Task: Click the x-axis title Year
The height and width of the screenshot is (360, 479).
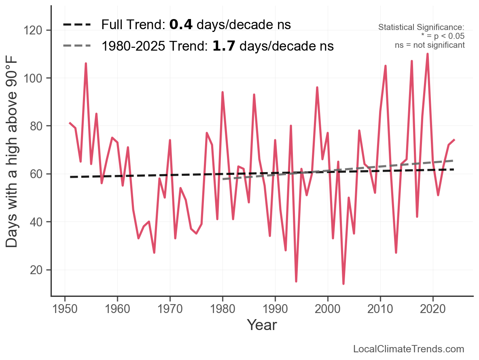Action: click(x=262, y=325)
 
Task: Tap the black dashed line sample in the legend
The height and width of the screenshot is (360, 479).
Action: click(x=77, y=25)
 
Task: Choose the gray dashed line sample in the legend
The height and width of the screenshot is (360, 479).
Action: click(x=77, y=46)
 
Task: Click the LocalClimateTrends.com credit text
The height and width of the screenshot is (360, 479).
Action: click(x=409, y=349)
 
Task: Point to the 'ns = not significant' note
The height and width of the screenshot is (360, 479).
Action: click(x=430, y=45)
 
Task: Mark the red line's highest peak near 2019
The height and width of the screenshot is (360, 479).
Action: click(x=428, y=54)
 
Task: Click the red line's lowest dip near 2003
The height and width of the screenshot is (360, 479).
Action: click(x=343, y=284)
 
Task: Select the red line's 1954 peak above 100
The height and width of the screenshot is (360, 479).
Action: click(x=86, y=64)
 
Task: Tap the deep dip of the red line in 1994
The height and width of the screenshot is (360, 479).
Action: click(x=296, y=281)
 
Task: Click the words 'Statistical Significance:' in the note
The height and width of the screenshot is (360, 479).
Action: click(x=421, y=28)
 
